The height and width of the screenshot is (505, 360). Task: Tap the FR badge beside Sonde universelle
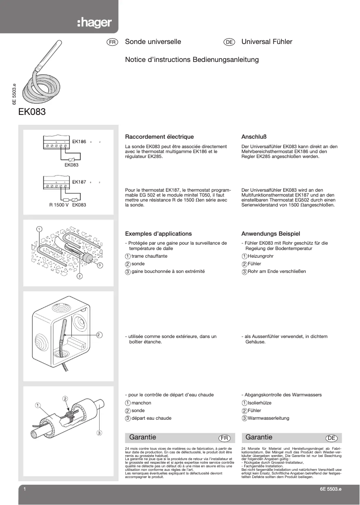tap(112, 42)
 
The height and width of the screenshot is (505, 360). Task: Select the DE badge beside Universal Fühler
tap(229, 42)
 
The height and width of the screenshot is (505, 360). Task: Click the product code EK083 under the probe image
tap(32, 112)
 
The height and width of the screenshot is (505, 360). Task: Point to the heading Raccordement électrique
tap(159, 137)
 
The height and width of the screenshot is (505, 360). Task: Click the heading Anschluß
tap(254, 137)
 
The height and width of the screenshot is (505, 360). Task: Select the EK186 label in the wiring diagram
tap(79, 142)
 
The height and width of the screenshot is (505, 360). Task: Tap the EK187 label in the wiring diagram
tap(79, 182)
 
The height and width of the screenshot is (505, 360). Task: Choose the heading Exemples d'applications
tap(158, 234)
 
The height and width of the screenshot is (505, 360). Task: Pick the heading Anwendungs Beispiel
tap(271, 234)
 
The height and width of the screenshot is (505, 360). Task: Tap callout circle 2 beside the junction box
tap(99, 334)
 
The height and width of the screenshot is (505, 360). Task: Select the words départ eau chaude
tap(151, 418)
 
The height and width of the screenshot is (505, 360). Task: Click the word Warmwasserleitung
tap(268, 418)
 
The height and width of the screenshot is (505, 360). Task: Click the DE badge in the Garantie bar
tap(331, 438)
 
